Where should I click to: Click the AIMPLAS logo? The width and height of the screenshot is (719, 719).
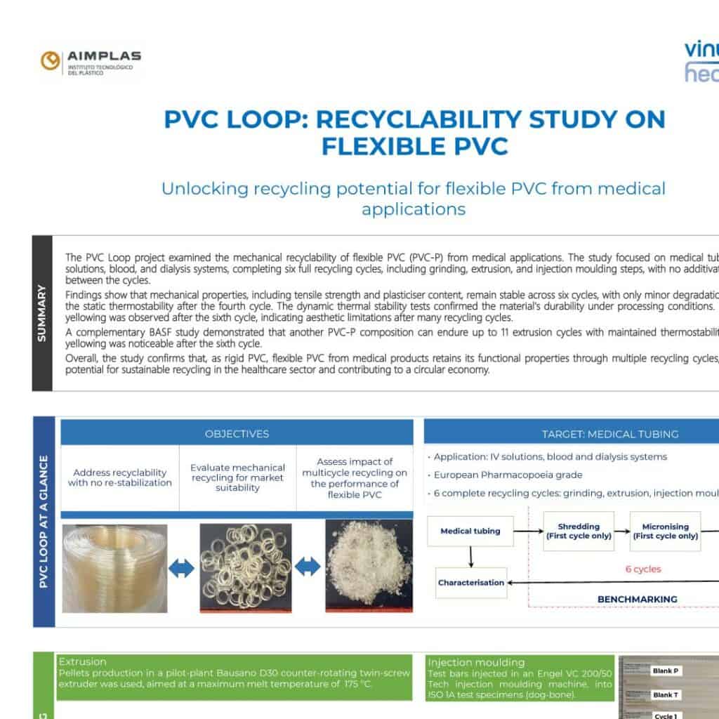91,63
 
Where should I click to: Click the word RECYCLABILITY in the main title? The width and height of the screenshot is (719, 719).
415,119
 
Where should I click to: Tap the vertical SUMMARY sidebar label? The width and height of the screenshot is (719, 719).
42,313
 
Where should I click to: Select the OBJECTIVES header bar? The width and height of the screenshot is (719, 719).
237,434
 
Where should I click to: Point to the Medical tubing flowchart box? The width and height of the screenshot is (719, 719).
470,531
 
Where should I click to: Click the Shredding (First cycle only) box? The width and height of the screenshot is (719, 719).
579,531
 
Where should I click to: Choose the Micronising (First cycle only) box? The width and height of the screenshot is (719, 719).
665,531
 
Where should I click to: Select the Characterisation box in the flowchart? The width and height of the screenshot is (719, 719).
471,582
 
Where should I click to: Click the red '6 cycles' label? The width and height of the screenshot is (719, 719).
643,569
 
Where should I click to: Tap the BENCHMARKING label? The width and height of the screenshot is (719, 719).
637,599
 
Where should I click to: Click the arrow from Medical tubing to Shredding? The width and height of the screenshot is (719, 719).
529,532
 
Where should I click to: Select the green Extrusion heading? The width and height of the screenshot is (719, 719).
83,661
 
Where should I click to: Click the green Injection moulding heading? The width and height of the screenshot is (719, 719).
475,662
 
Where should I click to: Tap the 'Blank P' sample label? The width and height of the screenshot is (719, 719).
665,671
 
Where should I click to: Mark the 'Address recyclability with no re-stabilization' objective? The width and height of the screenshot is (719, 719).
120,477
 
